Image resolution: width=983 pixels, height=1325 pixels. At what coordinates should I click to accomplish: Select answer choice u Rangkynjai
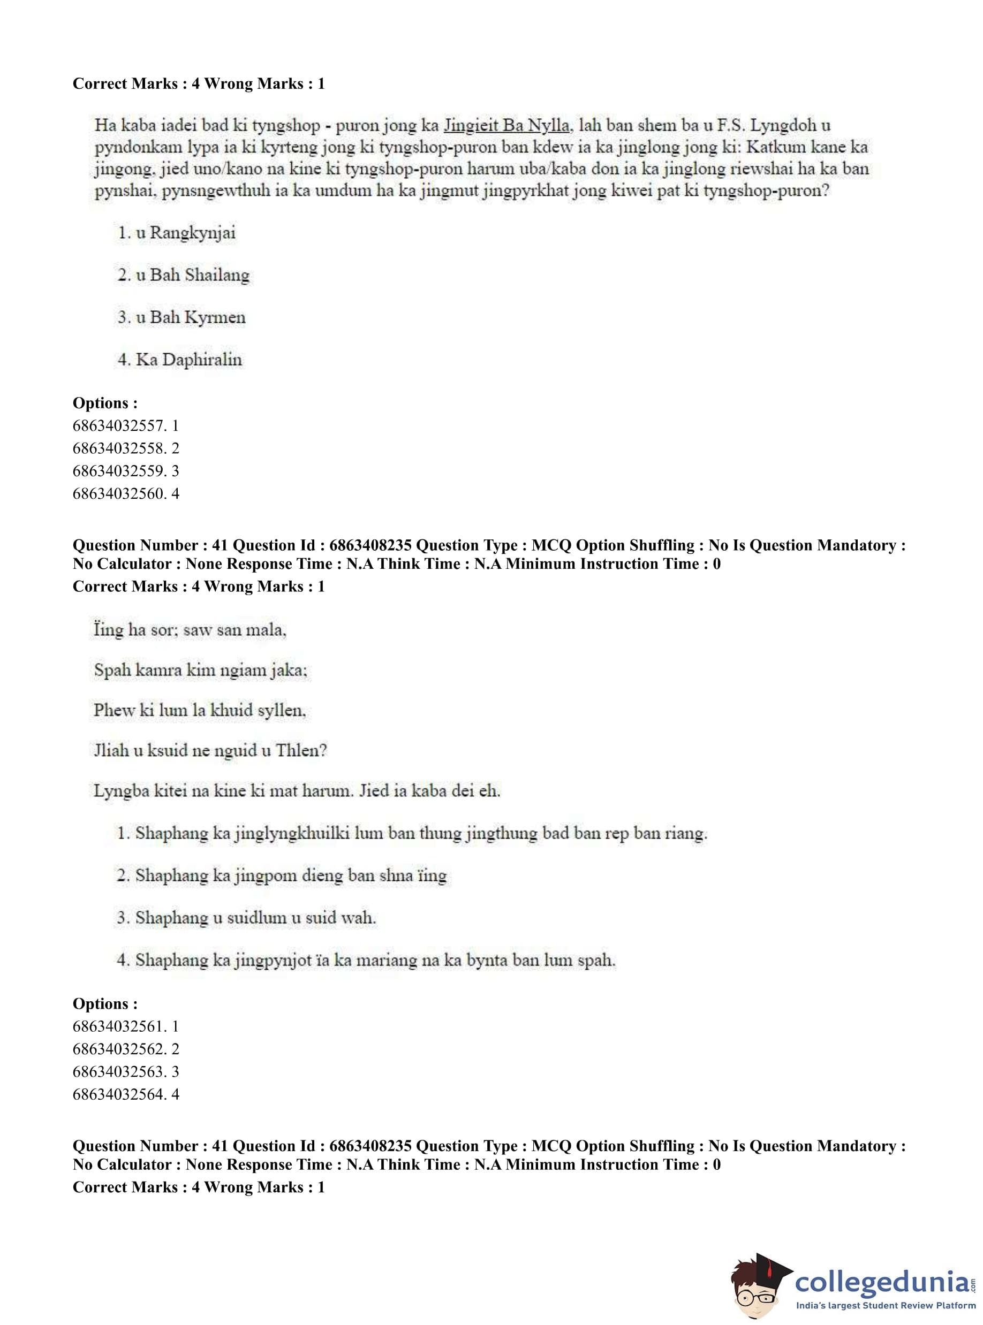coord(185,233)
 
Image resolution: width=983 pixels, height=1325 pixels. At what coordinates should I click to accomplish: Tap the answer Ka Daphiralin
coord(188,360)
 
